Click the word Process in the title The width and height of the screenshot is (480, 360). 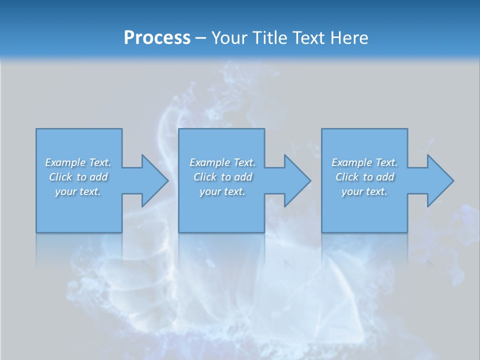tap(157, 38)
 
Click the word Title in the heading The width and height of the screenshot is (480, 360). tap(268, 38)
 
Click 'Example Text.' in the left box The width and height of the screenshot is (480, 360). tap(78, 162)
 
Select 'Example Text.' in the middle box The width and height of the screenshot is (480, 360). tap(222, 162)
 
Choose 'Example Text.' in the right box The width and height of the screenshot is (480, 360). tap(364, 162)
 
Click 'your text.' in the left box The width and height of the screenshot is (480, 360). tap(78, 191)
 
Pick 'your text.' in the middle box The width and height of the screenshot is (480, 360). tap(222, 191)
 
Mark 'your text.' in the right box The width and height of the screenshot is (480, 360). tap(364, 191)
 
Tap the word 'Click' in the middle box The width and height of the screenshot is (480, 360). tap(205, 177)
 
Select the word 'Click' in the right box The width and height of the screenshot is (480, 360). tap(347, 177)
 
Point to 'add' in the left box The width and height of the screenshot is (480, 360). tap(98, 177)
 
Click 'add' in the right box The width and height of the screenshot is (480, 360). tap(385, 177)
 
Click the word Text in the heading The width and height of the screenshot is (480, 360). tap(307, 38)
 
